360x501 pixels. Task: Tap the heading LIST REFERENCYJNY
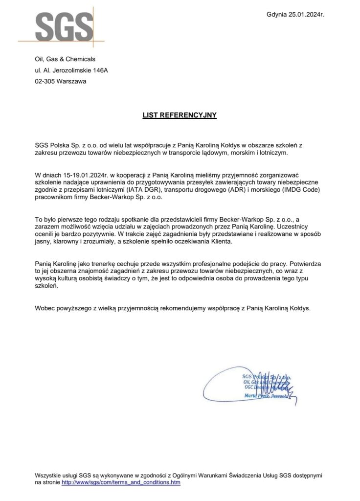coord(179,116)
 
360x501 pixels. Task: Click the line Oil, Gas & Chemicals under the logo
coord(65,59)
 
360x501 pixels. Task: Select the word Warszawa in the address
coord(71,81)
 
